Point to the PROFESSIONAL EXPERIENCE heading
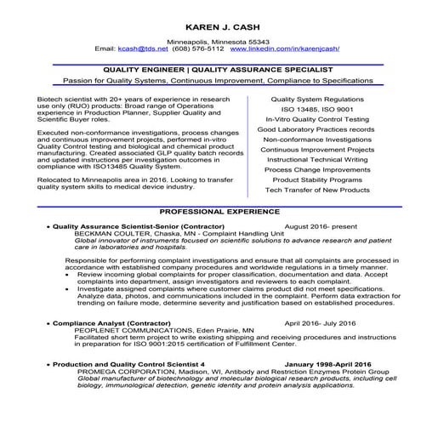(210, 209)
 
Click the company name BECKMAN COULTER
(111, 236)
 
